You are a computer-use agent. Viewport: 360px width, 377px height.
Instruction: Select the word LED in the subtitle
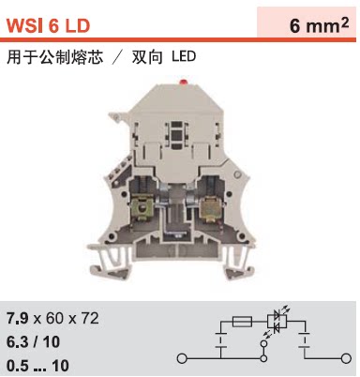[x=184, y=57]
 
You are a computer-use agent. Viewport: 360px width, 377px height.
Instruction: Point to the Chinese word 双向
[x=147, y=57]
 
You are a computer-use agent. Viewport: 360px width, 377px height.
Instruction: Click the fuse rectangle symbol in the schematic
[x=240, y=321]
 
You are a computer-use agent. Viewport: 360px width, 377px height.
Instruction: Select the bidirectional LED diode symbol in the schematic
[x=275, y=322]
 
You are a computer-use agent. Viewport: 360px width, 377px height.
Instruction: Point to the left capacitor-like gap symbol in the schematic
[x=218, y=341]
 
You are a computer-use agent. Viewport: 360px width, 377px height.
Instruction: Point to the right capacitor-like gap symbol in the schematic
[x=307, y=341]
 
